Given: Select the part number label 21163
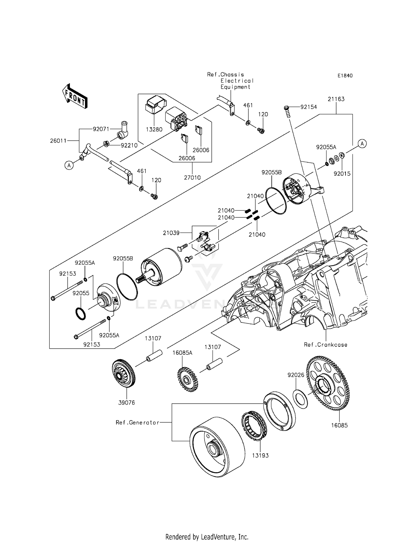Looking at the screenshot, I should [336, 99].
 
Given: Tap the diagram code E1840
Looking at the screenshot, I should [345, 76].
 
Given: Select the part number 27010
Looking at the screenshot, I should [192, 178].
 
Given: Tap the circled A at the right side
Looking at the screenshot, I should [362, 143].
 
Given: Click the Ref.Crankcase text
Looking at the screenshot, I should [325, 344].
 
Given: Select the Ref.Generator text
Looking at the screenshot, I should [137, 422].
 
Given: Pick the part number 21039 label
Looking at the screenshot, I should [171, 233].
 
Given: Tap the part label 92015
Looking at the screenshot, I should [342, 174].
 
